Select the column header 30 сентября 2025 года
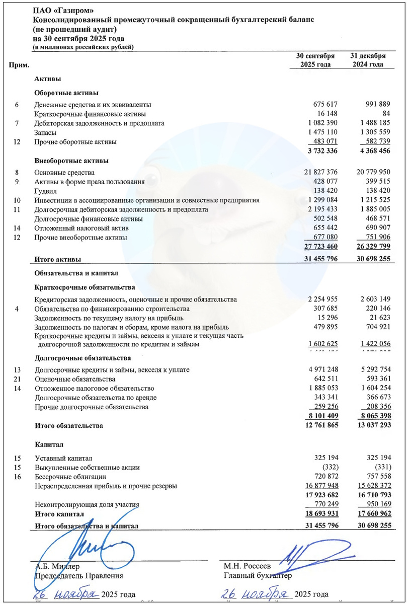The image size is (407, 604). pyautogui.click(x=315, y=60)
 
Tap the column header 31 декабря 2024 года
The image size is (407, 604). pyautogui.click(x=368, y=60)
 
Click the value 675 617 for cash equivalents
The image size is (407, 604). pyautogui.click(x=324, y=105)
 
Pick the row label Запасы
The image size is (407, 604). pyautogui.click(x=45, y=133)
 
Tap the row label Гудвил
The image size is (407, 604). pyautogui.click(x=46, y=191)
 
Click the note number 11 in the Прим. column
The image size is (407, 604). pyautogui.click(x=17, y=209)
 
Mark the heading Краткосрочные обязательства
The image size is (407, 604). pyautogui.click(x=85, y=288)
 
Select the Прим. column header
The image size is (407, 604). pyautogui.click(x=19, y=65)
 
